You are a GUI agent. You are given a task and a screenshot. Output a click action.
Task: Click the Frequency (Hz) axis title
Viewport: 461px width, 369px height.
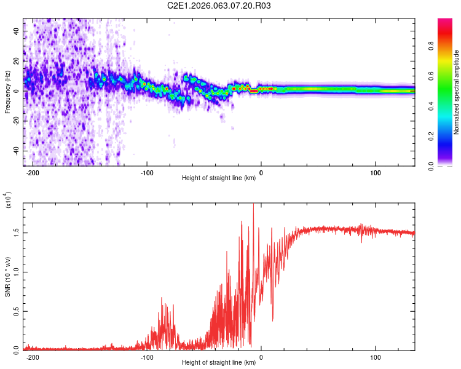pyautogui.click(x=7, y=92)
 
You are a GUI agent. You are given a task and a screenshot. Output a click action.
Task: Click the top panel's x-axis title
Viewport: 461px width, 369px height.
pyautogui.click(x=219, y=178)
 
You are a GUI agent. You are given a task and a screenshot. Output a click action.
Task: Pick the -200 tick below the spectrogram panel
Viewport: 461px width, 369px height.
pyautogui.click(x=33, y=173)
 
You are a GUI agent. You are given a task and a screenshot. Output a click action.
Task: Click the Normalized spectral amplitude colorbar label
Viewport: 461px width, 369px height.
pyautogui.click(x=456, y=92)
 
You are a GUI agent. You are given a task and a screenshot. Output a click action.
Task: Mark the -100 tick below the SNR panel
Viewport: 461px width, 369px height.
pyautogui.click(x=147, y=357)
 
